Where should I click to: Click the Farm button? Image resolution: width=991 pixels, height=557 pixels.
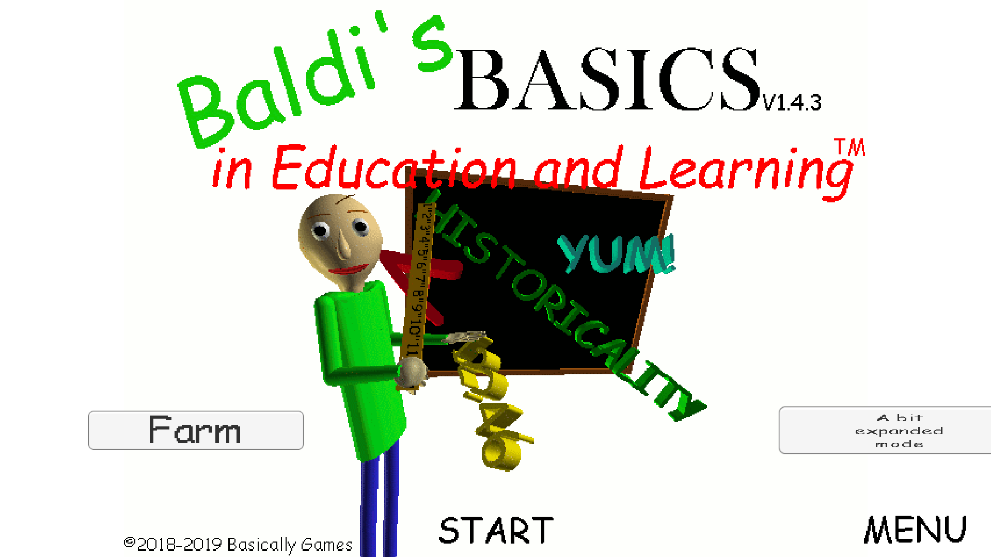tap(196, 430)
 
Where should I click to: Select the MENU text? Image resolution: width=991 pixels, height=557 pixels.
tap(915, 530)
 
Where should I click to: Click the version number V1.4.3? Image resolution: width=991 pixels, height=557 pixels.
tap(792, 103)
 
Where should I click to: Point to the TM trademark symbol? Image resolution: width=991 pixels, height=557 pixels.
tap(850, 148)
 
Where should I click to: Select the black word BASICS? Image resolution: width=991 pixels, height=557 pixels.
tap(607, 80)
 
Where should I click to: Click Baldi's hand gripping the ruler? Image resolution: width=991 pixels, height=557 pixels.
tap(412, 372)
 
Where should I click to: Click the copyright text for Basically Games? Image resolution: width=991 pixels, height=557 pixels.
tap(238, 544)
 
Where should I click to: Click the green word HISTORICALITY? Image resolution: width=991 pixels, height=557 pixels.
tap(563, 310)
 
